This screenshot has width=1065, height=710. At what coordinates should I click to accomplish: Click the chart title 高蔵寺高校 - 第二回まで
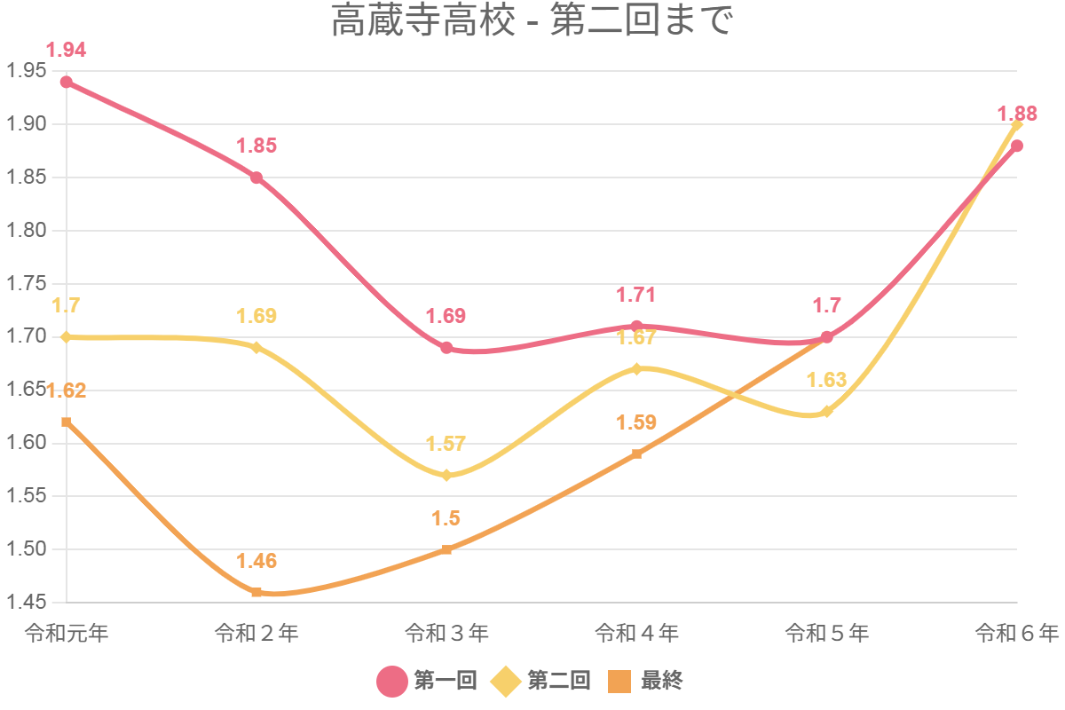pyautogui.click(x=532, y=22)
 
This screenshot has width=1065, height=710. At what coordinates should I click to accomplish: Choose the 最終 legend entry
pyautogui.click(x=646, y=681)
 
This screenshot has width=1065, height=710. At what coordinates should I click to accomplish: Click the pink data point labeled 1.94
pyautogui.click(x=67, y=83)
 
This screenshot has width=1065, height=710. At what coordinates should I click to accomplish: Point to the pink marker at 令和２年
pyautogui.click(x=256, y=177)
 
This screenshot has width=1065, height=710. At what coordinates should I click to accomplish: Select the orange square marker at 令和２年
pyautogui.click(x=256, y=592)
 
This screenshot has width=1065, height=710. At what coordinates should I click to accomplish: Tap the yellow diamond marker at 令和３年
pyautogui.click(x=446, y=476)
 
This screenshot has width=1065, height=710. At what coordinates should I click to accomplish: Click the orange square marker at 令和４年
pyautogui.click(x=636, y=454)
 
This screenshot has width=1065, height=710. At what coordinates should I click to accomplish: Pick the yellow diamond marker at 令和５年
pyautogui.click(x=827, y=412)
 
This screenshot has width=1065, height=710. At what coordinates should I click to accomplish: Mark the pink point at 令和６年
pyautogui.click(x=1017, y=146)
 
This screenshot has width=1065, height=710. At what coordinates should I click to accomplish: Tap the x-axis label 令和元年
pyautogui.click(x=67, y=633)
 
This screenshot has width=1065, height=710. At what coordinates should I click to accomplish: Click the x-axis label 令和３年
pyautogui.click(x=446, y=633)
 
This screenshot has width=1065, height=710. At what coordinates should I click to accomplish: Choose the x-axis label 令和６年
pyautogui.click(x=1017, y=633)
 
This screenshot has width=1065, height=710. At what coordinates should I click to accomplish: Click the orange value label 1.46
pyautogui.click(x=256, y=561)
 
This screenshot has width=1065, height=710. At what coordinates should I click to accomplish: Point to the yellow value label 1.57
pyautogui.click(x=446, y=444)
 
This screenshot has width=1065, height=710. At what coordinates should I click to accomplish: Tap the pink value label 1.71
pyautogui.click(x=636, y=295)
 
